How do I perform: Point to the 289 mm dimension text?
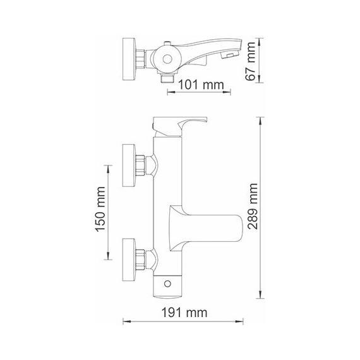click(253, 208)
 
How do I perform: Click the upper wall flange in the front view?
click(128, 166)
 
